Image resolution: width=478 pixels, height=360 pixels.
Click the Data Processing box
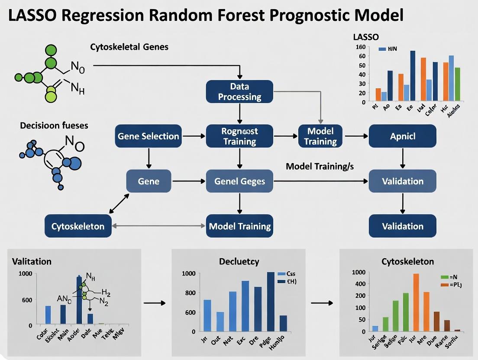pos(239,91)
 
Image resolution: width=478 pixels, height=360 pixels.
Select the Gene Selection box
pos(148,136)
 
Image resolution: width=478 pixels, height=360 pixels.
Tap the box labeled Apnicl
pos(402,136)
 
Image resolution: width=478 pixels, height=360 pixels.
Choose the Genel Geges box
pos(239,181)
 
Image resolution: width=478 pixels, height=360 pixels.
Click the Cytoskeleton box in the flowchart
pos(78,226)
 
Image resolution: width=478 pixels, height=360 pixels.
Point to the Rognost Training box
pos(239,136)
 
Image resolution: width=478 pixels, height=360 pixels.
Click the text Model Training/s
pos(320,167)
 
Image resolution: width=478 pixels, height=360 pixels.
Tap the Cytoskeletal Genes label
pos(129,47)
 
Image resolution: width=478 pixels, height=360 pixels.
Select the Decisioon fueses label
pos(54,125)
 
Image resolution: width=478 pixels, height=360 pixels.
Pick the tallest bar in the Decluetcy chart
pos(271,302)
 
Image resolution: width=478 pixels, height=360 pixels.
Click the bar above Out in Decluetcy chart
pos(220,321)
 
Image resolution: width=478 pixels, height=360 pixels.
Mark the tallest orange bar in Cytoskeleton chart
pos(416,302)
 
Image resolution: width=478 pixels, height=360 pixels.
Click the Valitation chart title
pos(32,261)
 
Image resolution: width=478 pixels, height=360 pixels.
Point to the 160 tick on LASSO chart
pos(360,47)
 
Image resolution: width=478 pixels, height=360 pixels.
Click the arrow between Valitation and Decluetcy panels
pos(155,303)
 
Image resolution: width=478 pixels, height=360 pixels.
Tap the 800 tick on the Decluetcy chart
pos(191,293)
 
